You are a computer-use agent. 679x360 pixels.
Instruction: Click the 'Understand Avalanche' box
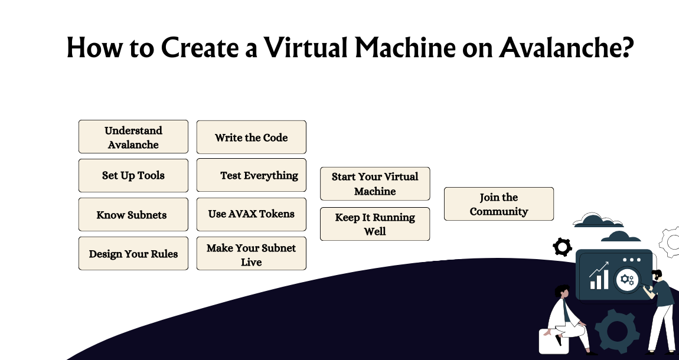(133, 137)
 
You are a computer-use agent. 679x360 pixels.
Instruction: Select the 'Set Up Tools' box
(133, 175)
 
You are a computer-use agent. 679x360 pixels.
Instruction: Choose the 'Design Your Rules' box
(133, 253)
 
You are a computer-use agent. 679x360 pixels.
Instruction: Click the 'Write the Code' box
(251, 137)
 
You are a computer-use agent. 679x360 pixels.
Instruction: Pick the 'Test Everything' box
(251, 175)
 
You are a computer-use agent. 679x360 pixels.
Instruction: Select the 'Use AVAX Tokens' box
(251, 214)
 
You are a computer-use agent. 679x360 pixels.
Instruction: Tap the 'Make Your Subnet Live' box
(251, 254)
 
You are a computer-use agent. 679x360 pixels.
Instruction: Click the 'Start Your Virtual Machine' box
(375, 184)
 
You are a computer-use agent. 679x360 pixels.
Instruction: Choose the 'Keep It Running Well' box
(375, 224)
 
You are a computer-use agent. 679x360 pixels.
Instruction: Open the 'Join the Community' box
(498, 204)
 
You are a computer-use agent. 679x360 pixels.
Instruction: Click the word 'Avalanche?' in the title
(566, 48)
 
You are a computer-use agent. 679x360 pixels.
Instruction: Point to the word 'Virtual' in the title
(305, 48)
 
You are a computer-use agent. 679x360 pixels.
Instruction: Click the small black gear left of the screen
(562, 246)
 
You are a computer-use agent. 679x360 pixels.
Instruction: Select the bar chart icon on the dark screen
(599, 277)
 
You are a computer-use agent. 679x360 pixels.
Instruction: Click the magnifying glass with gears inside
(626, 279)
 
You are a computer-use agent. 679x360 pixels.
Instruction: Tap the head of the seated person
(563, 292)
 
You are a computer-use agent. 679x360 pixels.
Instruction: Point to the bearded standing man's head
(657, 276)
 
